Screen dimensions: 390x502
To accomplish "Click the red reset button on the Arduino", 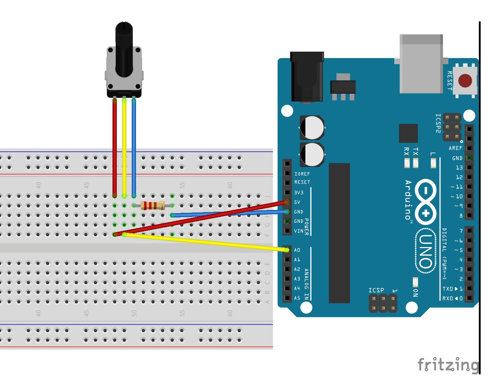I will (x=465, y=81).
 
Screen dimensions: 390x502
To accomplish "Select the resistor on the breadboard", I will (x=152, y=206).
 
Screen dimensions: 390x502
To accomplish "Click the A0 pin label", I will (x=297, y=250).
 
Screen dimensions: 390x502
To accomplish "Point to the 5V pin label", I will (x=297, y=202).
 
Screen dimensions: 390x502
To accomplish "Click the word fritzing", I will (x=448, y=365).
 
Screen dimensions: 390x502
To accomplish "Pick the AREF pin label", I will (x=455, y=148).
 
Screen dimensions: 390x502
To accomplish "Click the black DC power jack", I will (x=307, y=77).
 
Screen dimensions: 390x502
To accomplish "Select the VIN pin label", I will (x=298, y=231).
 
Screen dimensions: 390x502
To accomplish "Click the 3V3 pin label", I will (x=298, y=193).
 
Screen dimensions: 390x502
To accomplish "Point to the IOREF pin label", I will (x=302, y=174).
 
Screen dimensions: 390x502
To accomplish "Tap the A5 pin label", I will (x=297, y=298).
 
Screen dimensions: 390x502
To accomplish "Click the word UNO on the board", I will (x=426, y=251).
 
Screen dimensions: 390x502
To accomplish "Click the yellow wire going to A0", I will (x=206, y=242).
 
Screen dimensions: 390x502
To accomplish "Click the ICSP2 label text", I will (x=438, y=123).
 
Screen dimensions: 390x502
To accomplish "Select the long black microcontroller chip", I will (x=339, y=233).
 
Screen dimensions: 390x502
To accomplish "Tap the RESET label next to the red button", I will (x=449, y=81).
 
